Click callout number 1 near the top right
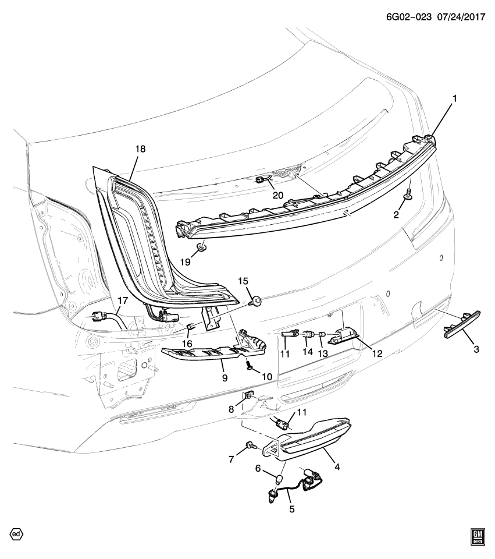(454, 99)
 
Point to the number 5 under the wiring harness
(291, 509)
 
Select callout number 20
(278, 195)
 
